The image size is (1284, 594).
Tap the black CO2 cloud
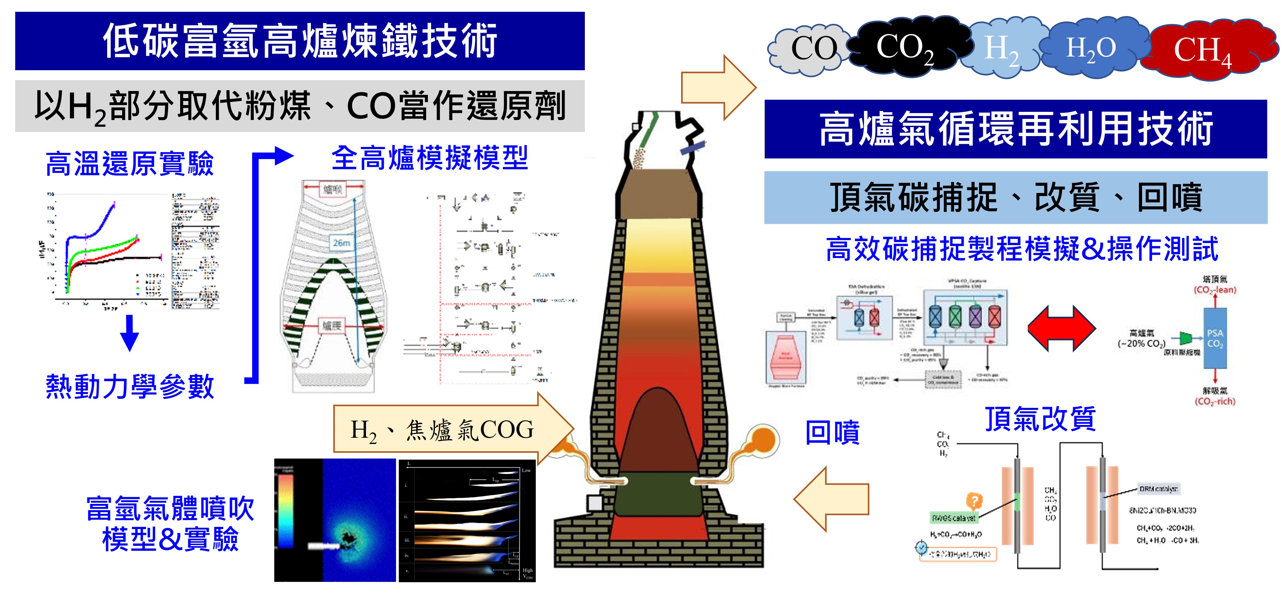pyautogui.click(x=905, y=48)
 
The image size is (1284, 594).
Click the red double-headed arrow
pyautogui.click(x=1062, y=328)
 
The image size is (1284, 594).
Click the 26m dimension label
pyautogui.click(x=341, y=243)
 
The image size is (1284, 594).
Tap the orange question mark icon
pyautogui.click(x=974, y=500)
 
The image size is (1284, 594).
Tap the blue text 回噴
pyautogui.click(x=832, y=432)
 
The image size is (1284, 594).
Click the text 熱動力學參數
pyautogui.click(x=130, y=386)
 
